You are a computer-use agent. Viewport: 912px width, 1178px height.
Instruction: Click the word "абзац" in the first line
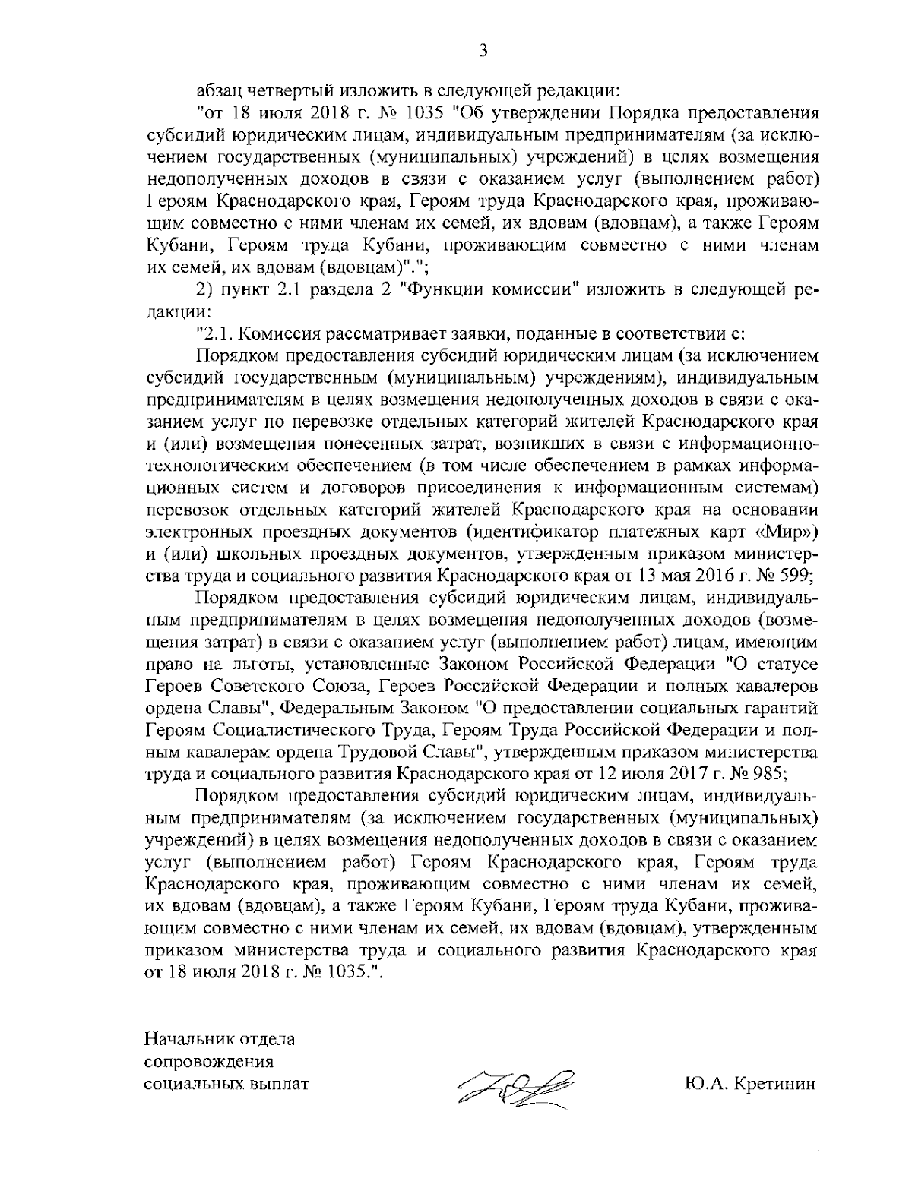pyautogui.click(x=221, y=93)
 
